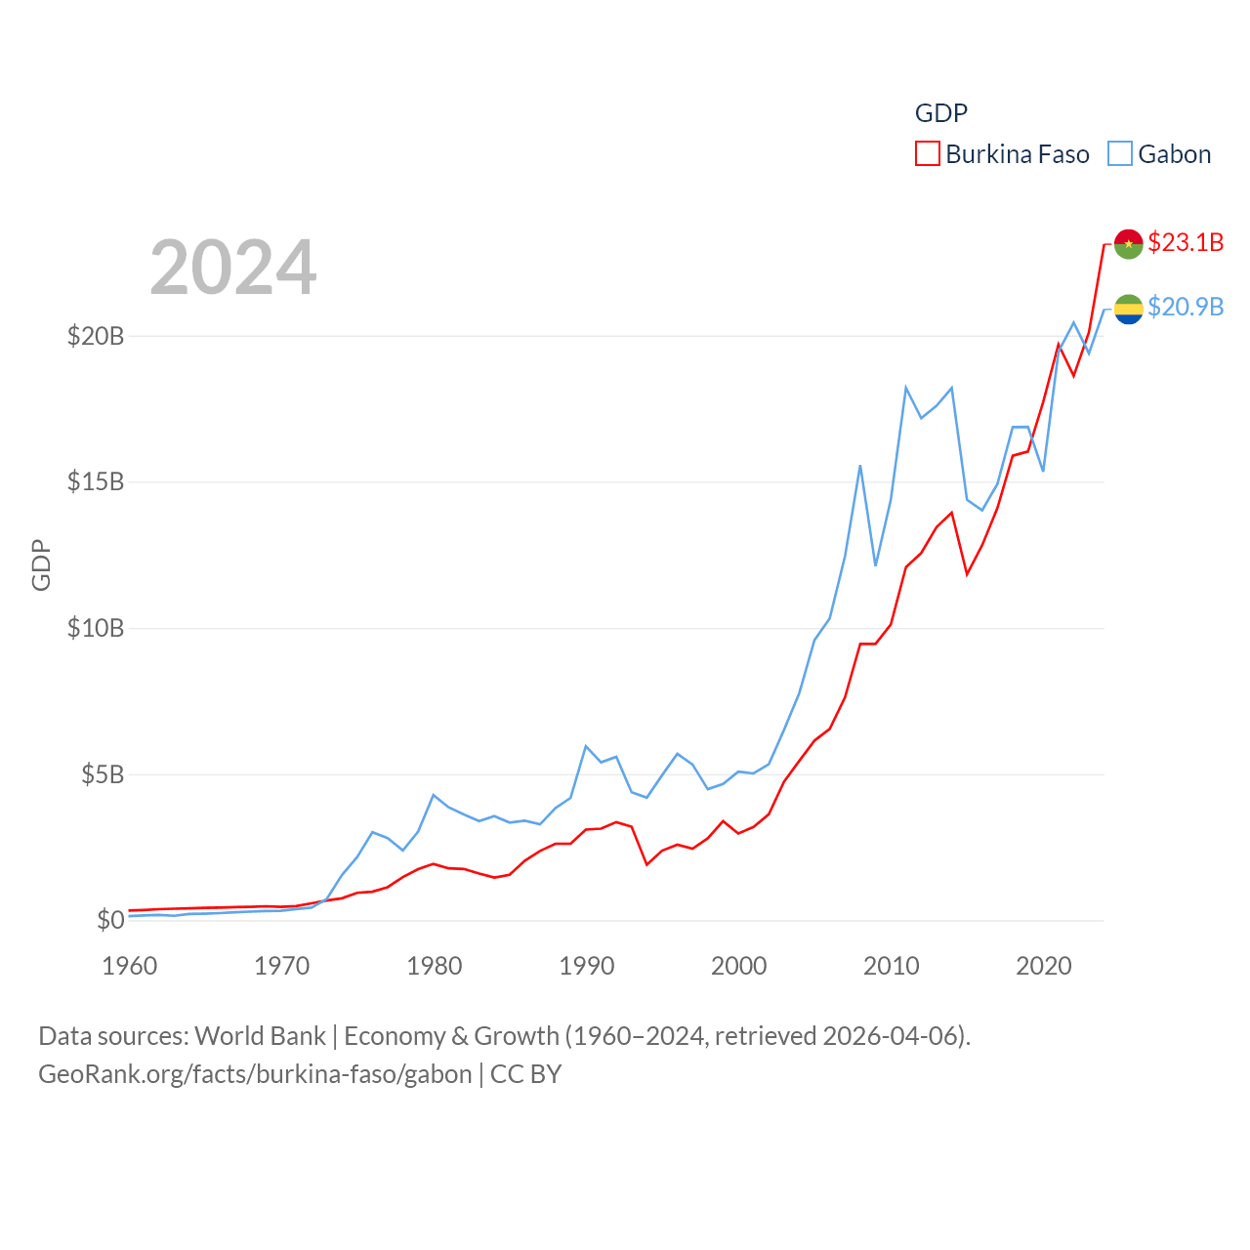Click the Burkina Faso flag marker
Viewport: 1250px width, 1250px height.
coord(1128,243)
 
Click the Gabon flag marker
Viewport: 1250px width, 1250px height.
coord(1128,309)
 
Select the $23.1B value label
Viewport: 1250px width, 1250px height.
coord(1186,242)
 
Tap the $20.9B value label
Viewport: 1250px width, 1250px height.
coord(1186,307)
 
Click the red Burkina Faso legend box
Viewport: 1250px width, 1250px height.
coord(927,154)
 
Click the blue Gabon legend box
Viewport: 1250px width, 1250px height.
coord(1120,154)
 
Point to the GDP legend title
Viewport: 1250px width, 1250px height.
coord(941,113)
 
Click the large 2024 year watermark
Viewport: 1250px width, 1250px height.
coord(233,267)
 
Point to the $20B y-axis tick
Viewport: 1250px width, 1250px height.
coord(96,336)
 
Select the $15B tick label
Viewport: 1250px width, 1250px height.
coord(96,481)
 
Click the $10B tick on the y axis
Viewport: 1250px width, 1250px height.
coord(96,628)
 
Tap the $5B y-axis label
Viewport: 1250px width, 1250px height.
coord(103,774)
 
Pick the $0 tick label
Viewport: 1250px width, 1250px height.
coord(110,920)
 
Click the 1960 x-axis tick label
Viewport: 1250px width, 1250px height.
coord(130,966)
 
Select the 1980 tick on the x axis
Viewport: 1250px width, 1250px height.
coord(435,966)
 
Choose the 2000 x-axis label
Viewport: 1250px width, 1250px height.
coord(739,966)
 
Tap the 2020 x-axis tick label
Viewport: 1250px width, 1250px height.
coord(1044,966)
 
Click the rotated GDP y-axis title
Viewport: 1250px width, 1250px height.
coord(41,564)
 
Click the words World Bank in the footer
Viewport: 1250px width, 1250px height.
coord(260,1035)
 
